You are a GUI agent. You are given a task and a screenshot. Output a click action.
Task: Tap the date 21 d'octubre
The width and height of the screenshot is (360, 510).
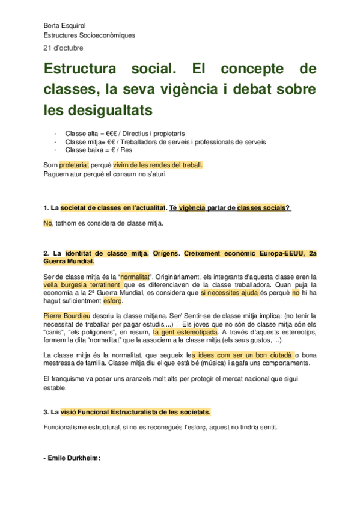pos(64,48)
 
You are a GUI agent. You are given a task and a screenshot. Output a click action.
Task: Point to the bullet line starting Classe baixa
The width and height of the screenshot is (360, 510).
pos(93,150)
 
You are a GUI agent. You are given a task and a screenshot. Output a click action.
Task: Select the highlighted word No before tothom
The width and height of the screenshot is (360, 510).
pos(48,223)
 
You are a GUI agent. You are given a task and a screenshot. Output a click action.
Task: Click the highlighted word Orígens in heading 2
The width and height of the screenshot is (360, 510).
pos(166,253)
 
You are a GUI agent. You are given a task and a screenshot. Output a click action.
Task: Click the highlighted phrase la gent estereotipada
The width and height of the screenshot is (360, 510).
pos(185,331)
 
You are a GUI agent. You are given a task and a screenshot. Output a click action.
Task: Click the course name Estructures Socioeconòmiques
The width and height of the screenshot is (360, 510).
pos(89,35)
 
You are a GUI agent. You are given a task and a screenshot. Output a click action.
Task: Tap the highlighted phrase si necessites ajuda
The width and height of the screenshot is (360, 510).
pos(230,292)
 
